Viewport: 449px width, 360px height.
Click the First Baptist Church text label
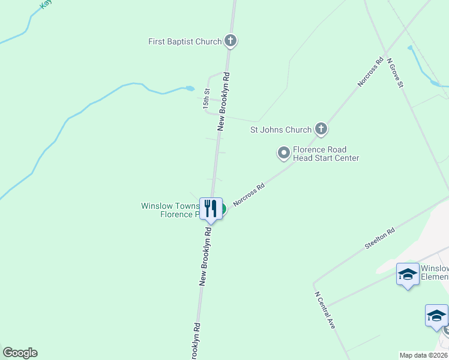(185, 41)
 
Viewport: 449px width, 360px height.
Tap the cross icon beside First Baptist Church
(231, 41)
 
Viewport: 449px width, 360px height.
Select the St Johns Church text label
(280, 130)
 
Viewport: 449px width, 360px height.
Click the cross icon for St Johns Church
(321, 129)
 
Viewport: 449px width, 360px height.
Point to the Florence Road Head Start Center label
(326, 154)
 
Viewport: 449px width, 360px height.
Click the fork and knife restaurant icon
(210, 208)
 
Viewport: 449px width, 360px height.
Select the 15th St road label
(206, 99)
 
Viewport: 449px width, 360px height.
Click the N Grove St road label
(394, 73)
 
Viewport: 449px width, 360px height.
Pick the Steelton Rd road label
(380, 239)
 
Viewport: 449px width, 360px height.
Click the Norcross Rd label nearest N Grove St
(370, 72)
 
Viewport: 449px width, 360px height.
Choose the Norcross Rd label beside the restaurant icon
(249, 196)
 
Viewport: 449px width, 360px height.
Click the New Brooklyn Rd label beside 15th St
(224, 101)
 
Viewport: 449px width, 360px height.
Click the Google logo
(20, 353)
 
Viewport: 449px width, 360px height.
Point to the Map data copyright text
(423, 355)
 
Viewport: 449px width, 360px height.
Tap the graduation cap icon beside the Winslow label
(408, 275)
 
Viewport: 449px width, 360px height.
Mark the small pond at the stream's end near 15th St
(190, 89)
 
